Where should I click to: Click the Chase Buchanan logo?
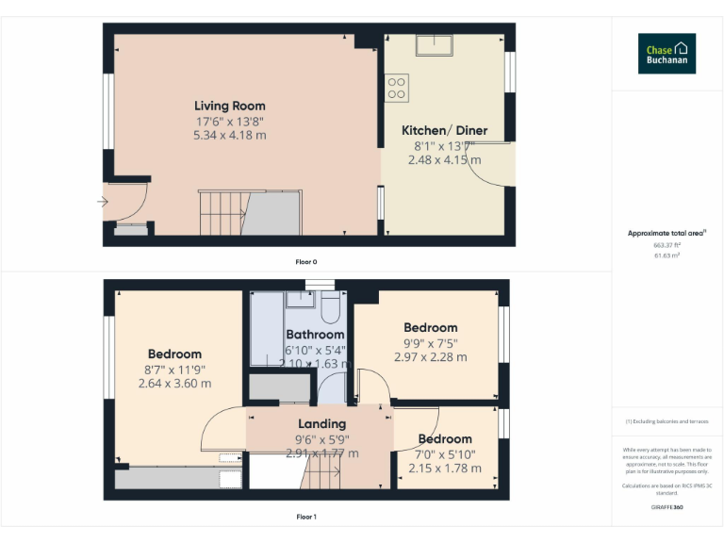(666, 53)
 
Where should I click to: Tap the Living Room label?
(230, 106)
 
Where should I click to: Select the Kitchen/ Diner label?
(445, 130)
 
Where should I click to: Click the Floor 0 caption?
(306, 261)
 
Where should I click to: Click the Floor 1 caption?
(306, 517)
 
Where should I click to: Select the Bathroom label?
(315, 335)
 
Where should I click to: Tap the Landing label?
(322, 424)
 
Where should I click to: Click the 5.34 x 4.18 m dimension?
(230, 136)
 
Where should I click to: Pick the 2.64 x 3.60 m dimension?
(174, 384)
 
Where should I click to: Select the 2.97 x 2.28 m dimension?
(431, 357)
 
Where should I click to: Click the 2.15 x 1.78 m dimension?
(445, 469)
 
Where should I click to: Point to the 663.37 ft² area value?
(666, 244)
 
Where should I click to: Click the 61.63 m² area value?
(666, 255)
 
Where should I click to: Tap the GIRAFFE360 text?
(666, 507)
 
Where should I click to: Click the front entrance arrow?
(102, 201)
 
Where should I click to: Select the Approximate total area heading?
(666, 232)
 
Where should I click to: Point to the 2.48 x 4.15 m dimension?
(445, 160)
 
